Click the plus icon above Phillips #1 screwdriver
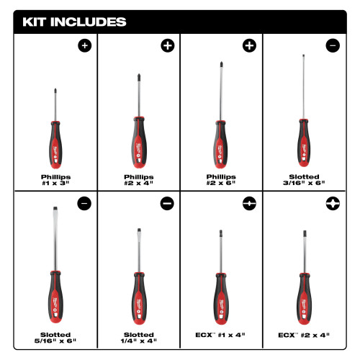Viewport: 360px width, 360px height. (x=85, y=46)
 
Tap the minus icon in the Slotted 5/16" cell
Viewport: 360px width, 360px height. (x=85, y=204)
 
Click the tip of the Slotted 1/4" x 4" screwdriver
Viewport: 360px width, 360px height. (x=137, y=231)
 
